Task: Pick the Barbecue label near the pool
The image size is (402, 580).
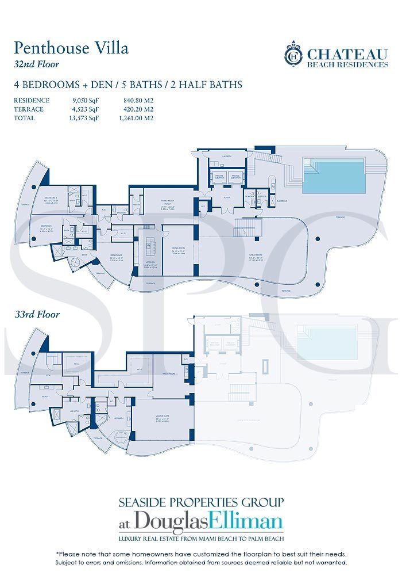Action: click(281, 201)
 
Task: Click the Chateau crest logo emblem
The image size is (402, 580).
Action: click(294, 55)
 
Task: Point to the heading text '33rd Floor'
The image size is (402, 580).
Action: click(38, 315)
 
